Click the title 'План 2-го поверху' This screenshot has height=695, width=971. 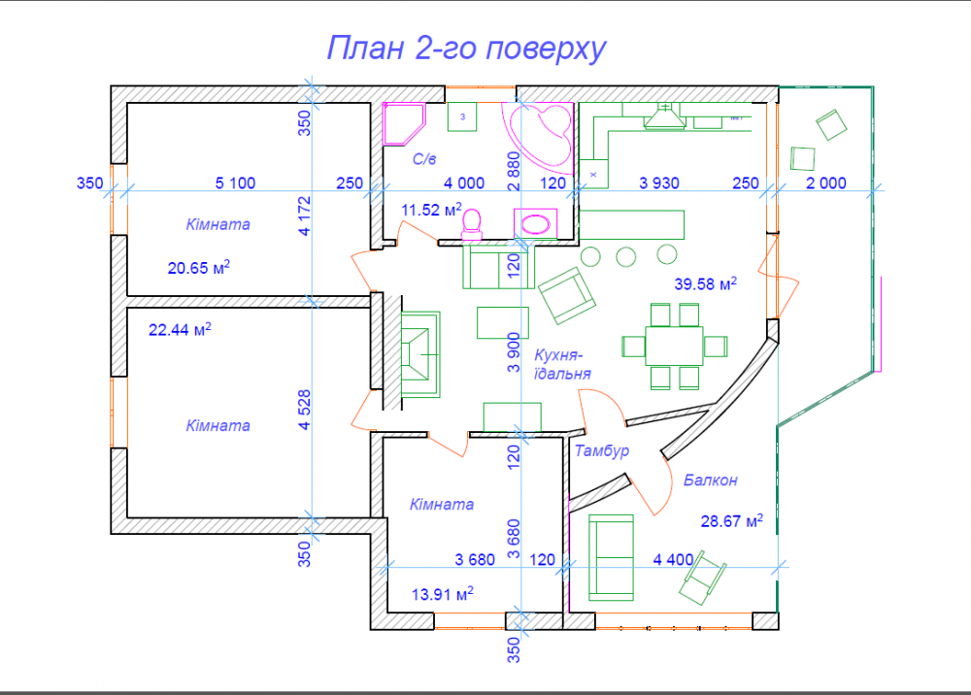[466, 49]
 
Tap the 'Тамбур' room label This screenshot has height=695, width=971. [602, 450]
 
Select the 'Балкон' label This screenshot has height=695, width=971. [711, 480]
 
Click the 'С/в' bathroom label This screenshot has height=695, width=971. [424, 159]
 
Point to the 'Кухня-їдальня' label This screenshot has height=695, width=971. [562, 365]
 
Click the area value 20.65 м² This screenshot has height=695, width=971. [199, 267]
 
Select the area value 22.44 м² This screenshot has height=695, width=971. [180, 329]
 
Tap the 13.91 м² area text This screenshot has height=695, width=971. [443, 594]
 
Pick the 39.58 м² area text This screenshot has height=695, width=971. [705, 283]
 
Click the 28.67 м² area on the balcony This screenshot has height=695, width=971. [731, 521]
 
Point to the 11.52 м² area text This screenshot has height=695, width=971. [432, 210]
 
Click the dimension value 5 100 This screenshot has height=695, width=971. [235, 183]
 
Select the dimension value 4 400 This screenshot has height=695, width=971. [673, 559]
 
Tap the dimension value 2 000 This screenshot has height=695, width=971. [826, 183]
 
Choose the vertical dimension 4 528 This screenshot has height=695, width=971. [304, 410]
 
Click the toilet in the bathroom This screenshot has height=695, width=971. [472, 224]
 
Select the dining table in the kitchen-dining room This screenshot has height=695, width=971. [674, 346]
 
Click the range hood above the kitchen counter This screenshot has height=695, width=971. [664, 116]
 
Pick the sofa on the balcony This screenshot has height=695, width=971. [611, 557]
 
